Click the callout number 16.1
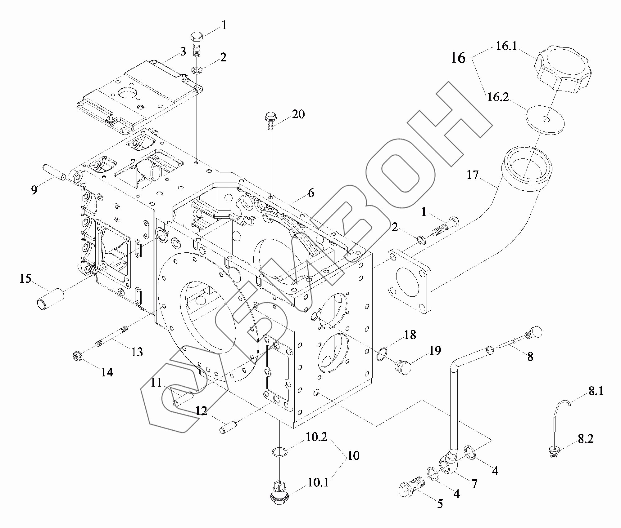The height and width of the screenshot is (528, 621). [x=506, y=46]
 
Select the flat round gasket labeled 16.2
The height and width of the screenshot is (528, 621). [x=545, y=119]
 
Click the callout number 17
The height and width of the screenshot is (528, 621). [x=473, y=175]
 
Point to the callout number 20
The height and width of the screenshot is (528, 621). [x=298, y=114]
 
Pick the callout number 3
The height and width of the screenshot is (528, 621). [x=183, y=51]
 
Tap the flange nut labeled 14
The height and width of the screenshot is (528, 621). [x=77, y=357]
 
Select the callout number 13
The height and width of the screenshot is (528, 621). [x=137, y=352]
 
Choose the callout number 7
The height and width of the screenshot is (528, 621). [x=474, y=483]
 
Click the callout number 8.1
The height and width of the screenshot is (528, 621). [x=596, y=391]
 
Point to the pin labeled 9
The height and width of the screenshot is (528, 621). [x=53, y=173]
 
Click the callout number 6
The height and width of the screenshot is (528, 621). [x=311, y=193]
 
